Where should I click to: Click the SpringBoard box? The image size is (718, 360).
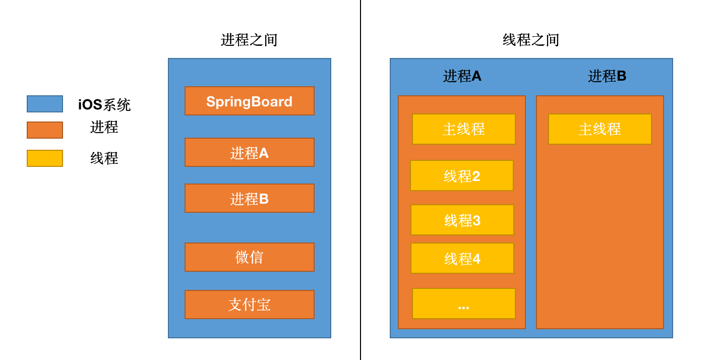click(x=250, y=101)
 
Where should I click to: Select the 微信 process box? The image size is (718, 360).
click(x=250, y=257)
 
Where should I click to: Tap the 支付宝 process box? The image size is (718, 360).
click(x=250, y=305)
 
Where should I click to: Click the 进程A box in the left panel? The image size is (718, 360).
click(x=250, y=152)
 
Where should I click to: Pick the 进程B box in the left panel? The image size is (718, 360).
click(x=250, y=198)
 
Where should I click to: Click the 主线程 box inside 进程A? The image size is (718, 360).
click(x=463, y=129)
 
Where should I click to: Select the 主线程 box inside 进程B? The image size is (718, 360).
click(x=600, y=129)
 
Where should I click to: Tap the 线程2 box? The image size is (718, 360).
click(x=462, y=175)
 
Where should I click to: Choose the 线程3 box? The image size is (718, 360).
click(x=462, y=220)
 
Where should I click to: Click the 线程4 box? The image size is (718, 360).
click(x=462, y=258)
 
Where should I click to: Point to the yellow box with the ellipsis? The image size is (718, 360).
click(x=463, y=304)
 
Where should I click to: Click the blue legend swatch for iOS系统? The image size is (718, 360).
click(x=45, y=104)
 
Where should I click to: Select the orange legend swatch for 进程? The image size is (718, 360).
click(x=45, y=130)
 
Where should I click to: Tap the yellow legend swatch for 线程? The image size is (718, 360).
click(x=45, y=158)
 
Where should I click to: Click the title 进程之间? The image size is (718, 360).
click(x=249, y=40)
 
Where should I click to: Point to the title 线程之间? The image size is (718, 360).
click(x=531, y=40)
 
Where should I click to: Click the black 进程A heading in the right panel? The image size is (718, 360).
click(x=462, y=76)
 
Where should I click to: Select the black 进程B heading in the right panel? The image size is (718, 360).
click(x=607, y=76)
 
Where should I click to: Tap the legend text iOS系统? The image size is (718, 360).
click(x=104, y=104)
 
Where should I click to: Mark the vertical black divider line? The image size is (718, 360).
click(x=361, y=180)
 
